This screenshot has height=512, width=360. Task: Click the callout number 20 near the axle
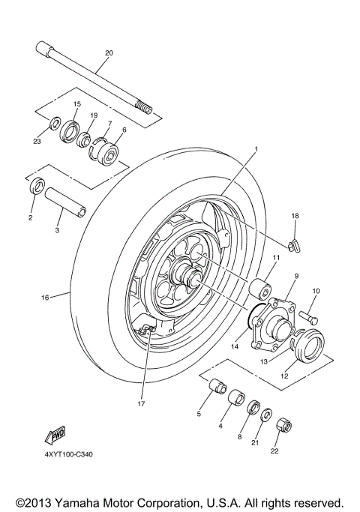point(109,53)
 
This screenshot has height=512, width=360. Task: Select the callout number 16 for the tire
point(45,298)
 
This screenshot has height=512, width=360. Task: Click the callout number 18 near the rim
point(295,216)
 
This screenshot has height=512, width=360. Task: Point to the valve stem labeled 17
point(150,329)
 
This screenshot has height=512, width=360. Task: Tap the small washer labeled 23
point(55,121)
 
